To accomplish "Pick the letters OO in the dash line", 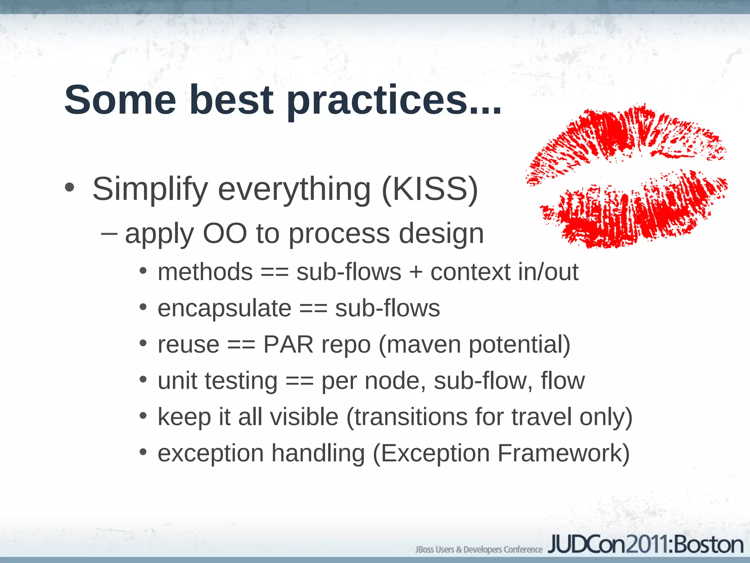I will pos(225,233).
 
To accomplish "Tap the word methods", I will pos(205,272).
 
